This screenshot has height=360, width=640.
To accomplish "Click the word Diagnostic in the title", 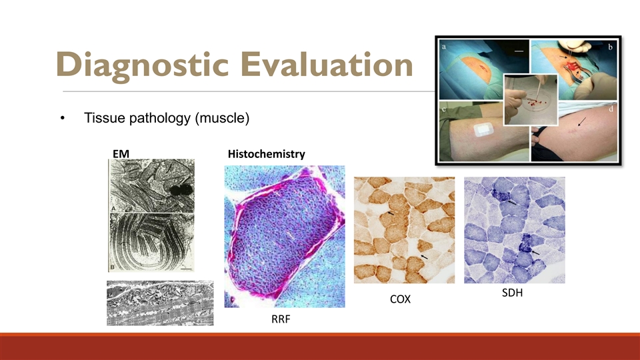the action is [x=141, y=65].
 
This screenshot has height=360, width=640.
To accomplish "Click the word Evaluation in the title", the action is [x=327, y=64].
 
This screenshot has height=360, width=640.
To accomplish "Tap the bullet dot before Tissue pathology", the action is [x=63, y=119].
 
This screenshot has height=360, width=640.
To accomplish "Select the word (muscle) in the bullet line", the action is [x=222, y=118].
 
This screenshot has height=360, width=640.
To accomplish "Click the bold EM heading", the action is [x=121, y=154].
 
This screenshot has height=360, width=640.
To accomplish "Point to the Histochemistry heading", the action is [x=267, y=154].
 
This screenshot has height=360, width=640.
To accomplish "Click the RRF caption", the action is [x=281, y=319].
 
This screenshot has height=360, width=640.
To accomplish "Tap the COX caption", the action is [x=400, y=299].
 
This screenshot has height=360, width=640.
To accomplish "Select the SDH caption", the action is [x=512, y=293].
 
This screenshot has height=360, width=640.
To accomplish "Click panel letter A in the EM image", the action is [x=114, y=209].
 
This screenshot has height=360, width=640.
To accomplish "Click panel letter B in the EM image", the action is [x=113, y=267].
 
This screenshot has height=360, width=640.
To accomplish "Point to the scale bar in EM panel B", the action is [x=186, y=269].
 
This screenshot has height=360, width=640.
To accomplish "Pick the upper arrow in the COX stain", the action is [x=391, y=213].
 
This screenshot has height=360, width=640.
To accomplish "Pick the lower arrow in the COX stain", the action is [x=425, y=257].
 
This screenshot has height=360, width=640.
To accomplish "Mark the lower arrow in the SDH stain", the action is [x=535, y=253].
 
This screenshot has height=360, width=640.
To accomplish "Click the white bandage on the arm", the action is [x=484, y=130].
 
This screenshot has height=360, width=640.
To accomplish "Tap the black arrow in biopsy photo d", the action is [x=581, y=121].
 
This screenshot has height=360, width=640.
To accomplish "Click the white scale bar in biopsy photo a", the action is [x=519, y=51].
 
